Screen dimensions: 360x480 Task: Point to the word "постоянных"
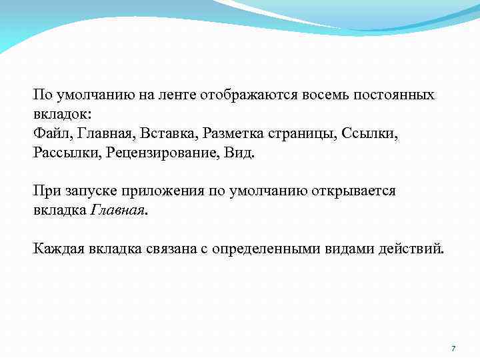395,94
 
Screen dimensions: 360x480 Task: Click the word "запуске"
91,191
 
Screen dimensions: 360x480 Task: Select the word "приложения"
161,191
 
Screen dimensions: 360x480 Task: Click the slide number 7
453,349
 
